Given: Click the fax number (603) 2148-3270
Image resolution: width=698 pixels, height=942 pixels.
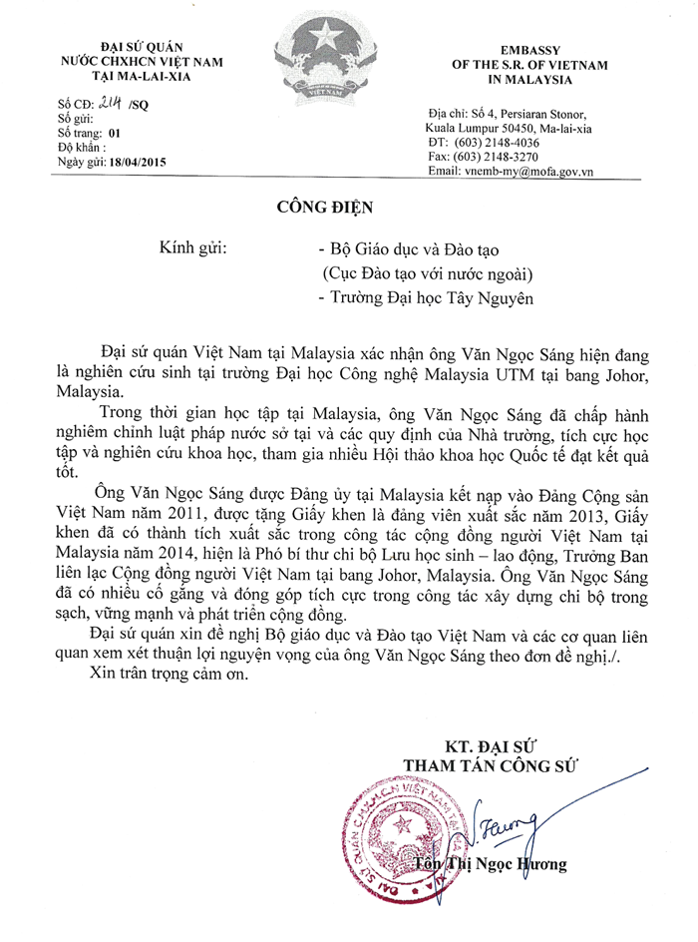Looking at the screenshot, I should pos(518,158).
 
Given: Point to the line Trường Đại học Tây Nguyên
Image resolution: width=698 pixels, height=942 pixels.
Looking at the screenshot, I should pos(424,296).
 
